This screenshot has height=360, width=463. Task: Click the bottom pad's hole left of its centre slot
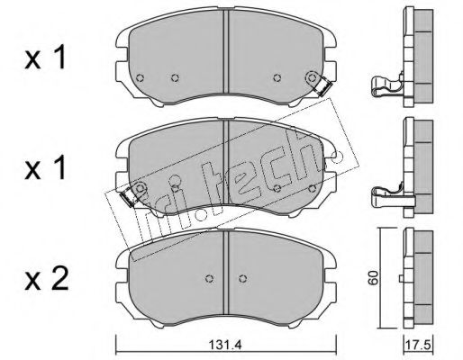pos(208,276)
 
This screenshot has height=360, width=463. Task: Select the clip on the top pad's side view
pos(386,87)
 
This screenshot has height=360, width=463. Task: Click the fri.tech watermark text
pos(225,162)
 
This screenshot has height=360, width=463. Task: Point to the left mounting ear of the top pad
pos(122,40)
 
